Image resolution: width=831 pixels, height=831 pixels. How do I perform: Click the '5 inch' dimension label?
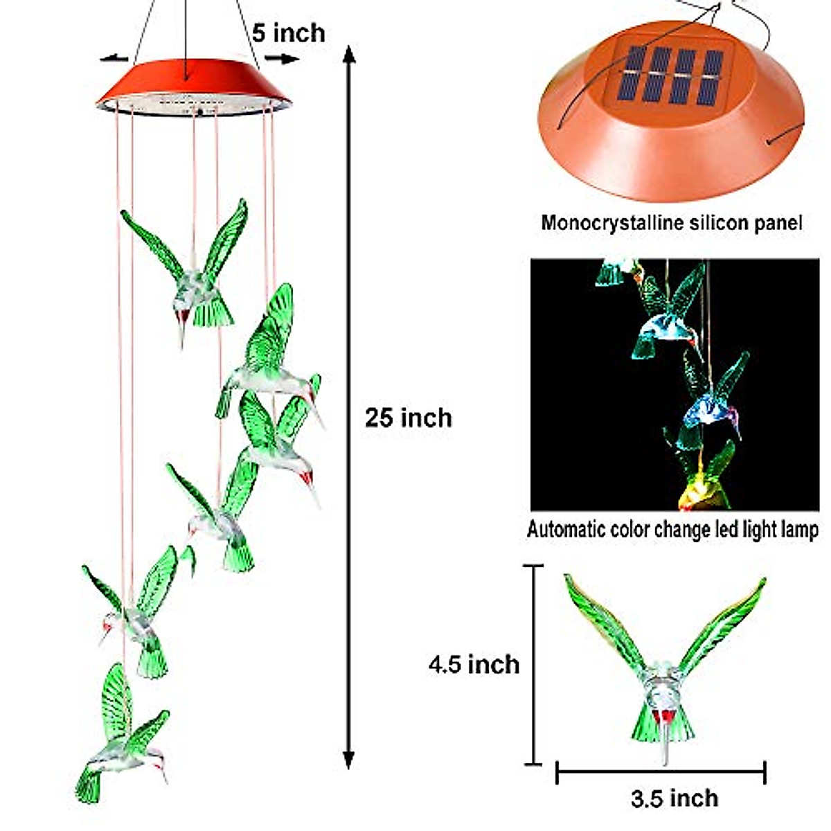tap(288, 33)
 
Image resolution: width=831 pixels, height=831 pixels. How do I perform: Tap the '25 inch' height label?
tap(409, 418)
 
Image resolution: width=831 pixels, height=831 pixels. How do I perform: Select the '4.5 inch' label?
tap(474, 664)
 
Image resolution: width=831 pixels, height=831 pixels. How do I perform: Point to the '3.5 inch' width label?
tap(674, 798)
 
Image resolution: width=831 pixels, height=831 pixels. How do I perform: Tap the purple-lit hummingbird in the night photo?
tap(713, 409)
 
